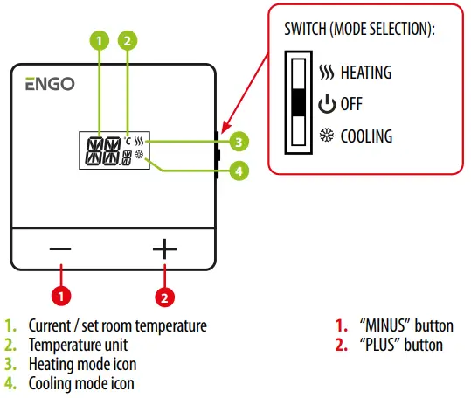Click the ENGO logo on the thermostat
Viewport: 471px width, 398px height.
49,85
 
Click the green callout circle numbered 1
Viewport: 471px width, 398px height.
100,40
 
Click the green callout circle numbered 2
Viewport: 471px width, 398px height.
128,40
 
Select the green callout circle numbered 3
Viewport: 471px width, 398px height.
237,141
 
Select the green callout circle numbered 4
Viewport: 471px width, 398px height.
237,171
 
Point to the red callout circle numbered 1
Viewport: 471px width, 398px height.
60,296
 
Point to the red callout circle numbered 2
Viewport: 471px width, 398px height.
164,296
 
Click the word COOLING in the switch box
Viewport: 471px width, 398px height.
366,136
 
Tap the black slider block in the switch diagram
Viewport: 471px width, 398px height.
299,103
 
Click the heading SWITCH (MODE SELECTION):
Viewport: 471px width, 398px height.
359,29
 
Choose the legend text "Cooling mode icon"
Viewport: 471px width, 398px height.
81,382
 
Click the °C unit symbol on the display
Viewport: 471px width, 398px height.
128,141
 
